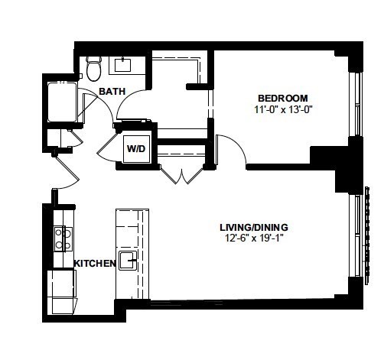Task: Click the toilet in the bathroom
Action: point(94,69)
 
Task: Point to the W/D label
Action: point(137,149)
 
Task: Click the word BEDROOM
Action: point(282,98)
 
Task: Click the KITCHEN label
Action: point(94,263)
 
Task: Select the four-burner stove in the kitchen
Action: point(63,239)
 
